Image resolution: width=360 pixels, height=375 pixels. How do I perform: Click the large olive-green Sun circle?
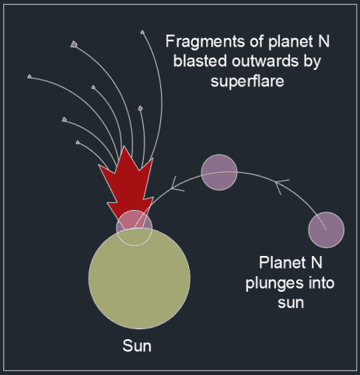[x=139, y=279]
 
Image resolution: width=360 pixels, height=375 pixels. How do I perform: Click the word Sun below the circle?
[x=137, y=346]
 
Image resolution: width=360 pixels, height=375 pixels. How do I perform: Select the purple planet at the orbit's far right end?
[x=327, y=230]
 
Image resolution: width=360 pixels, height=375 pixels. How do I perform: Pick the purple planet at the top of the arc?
[x=219, y=173]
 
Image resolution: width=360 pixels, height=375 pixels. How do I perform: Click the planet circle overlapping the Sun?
[x=135, y=228]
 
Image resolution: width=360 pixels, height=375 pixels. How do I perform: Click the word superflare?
[x=247, y=81]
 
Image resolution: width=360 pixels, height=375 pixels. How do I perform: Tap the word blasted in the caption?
[x=200, y=61]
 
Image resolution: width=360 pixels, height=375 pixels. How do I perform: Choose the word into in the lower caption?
[x=321, y=282]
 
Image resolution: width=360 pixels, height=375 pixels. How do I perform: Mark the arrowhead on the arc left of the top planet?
[x=177, y=185]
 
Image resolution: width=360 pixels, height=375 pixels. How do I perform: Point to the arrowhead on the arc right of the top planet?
[x=281, y=185]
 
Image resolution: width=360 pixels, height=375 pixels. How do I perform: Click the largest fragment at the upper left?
[x=74, y=44]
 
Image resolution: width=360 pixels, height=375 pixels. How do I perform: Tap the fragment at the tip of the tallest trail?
[x=142, y=32]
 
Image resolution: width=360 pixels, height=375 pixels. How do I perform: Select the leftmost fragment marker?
[x=30, y=76]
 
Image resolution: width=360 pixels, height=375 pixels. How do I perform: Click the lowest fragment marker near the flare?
[x=78, y=142]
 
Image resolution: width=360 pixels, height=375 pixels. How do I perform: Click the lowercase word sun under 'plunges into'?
[x=291, y=303]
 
